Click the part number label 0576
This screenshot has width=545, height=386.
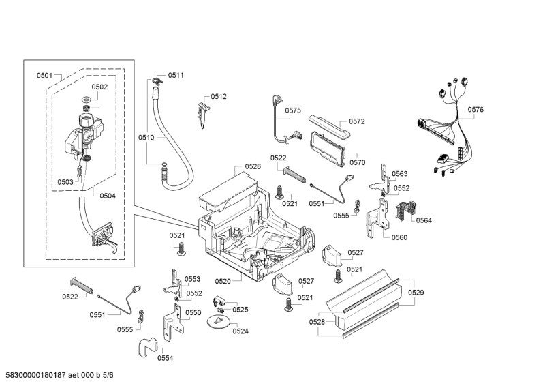point(476,110)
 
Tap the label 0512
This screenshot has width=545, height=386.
point(219,97)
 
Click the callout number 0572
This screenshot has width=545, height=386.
point(357,122)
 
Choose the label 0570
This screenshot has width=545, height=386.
point(358,163)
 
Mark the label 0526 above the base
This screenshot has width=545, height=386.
point(253,166)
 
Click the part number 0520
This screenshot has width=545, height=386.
point(223,281)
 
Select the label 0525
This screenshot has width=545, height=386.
point(240,310)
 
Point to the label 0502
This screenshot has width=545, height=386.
point(99,87)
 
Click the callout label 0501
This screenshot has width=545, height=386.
point(45,75)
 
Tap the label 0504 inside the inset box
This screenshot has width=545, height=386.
point(108,196)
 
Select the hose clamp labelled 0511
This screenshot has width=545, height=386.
point(157,82)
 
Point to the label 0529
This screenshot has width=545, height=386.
point(416,293)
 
